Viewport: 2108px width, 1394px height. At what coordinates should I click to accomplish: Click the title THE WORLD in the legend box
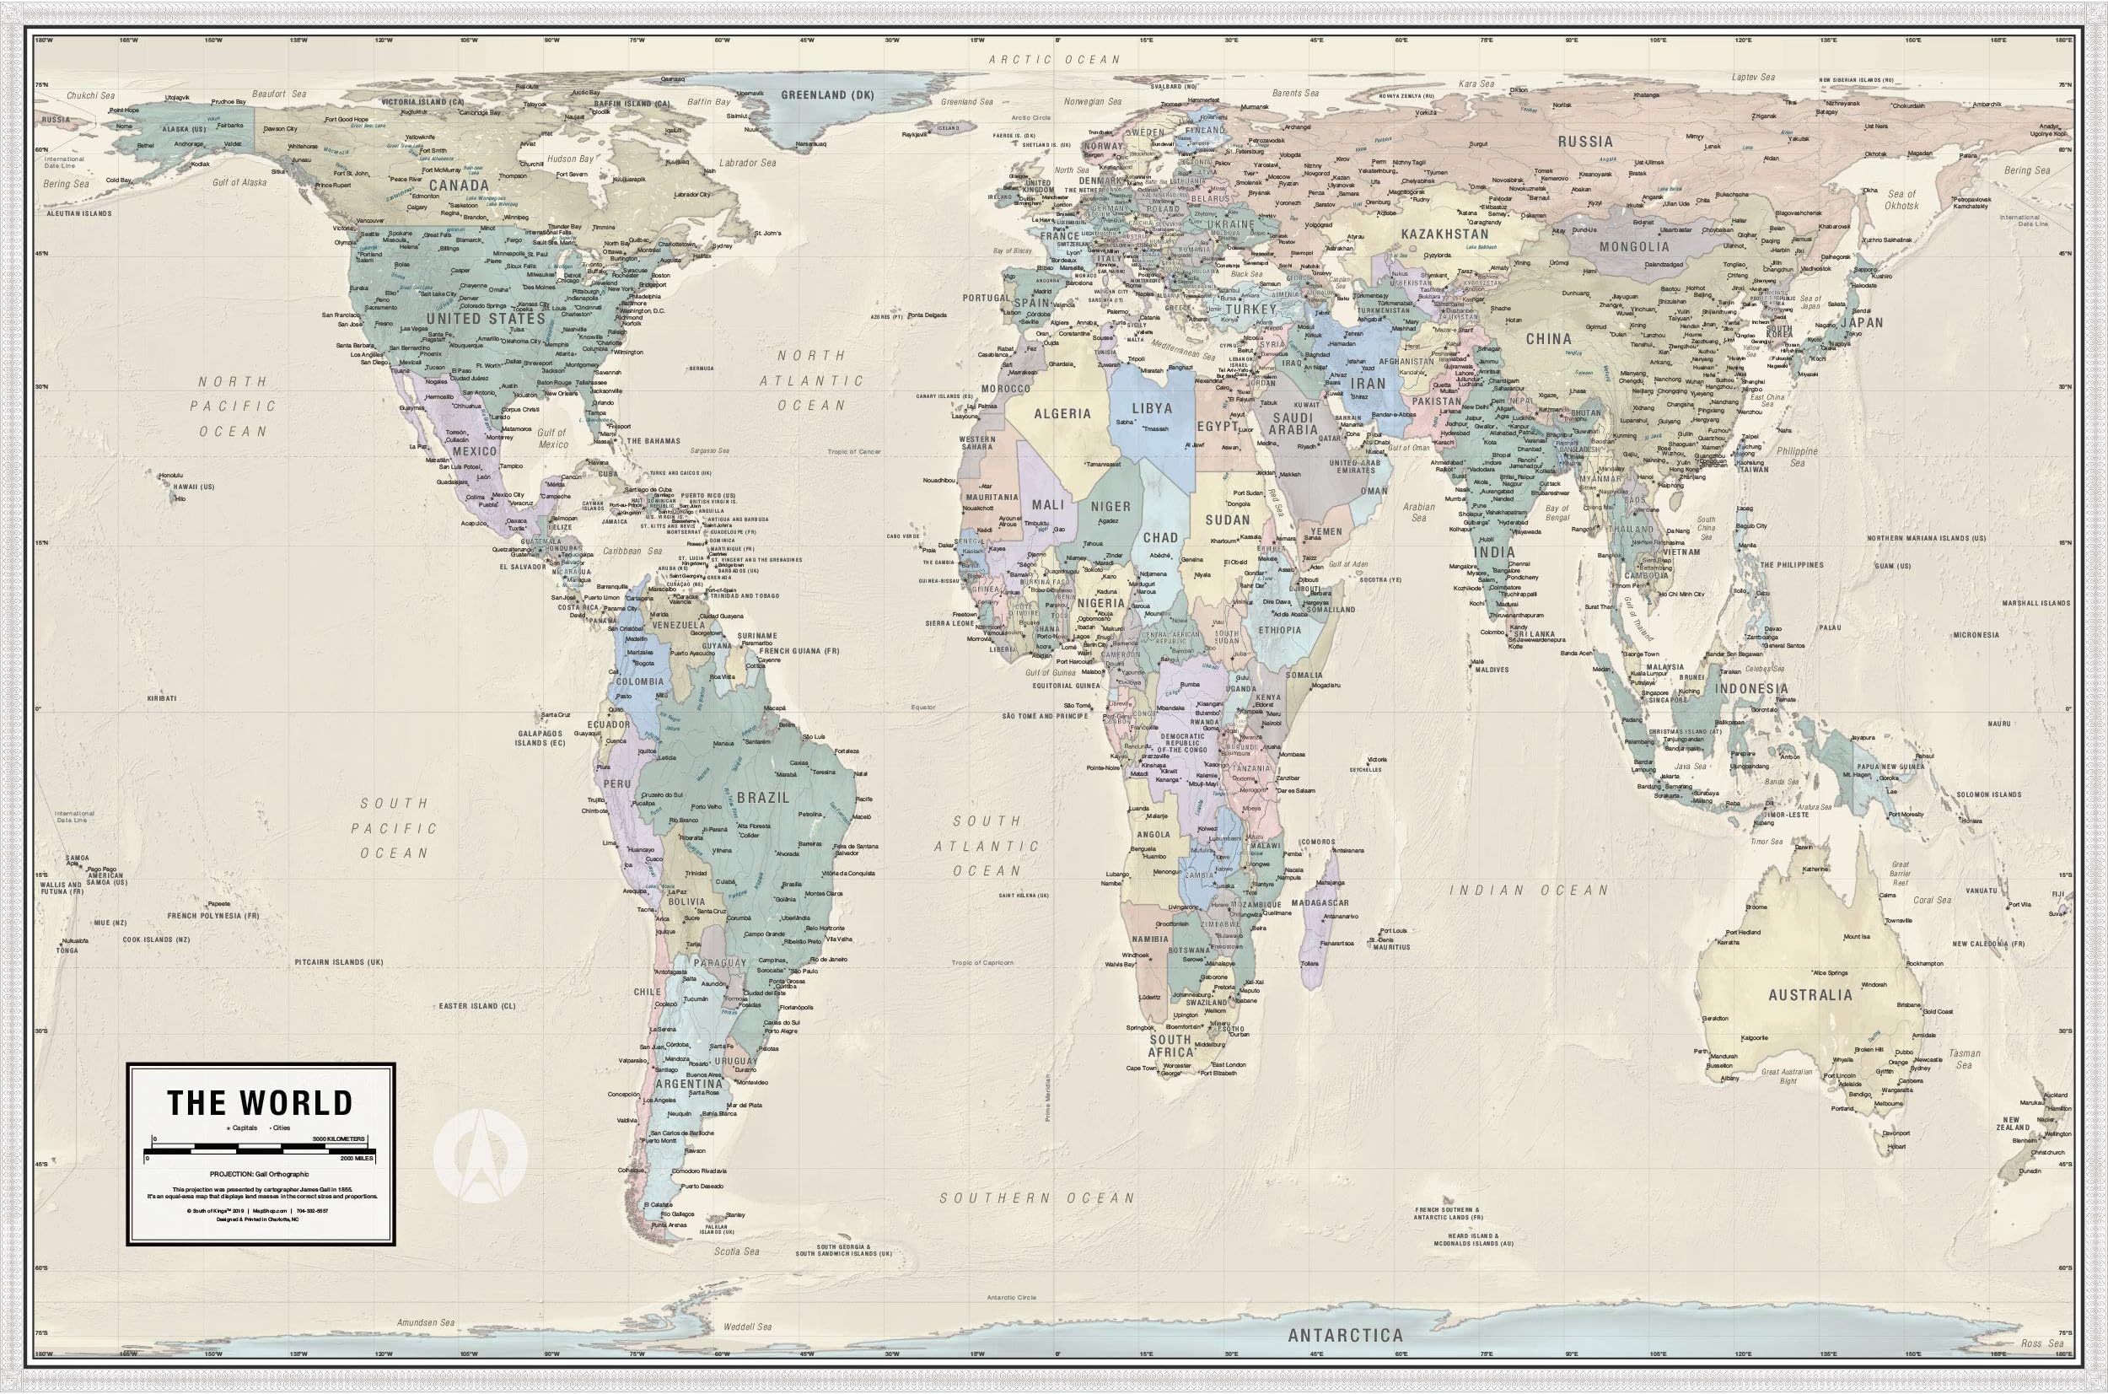(x=261, y=1102)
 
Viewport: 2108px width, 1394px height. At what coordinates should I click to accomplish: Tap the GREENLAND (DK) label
(x=827, y=95)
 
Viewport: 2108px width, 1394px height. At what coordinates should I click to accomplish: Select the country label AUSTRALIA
(x=1810, y=995)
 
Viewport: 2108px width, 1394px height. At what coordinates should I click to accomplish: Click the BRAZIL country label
(x=762, y=798)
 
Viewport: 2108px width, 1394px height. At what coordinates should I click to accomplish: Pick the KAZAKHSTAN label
(x=1444, y=234)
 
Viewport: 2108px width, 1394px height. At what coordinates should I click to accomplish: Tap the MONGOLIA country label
(x=1634, y=246)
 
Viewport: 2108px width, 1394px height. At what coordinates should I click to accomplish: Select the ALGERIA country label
(x=1062, y=413)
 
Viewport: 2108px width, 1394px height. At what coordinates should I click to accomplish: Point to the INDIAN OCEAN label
(x=1529, y=890)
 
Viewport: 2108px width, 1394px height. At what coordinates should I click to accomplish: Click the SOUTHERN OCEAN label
(x=1037, y=1198)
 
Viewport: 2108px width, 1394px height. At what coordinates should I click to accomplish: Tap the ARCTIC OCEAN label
(x=1055, y=60)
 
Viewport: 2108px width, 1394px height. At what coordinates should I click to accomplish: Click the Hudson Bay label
(x=570, y=159)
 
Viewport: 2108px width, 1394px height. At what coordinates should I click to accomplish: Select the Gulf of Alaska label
(x=239, y=182)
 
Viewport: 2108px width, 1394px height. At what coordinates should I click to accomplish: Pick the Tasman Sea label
(x=1964, y=1059)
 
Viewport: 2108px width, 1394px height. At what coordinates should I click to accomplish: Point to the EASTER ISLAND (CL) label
(x=477, y=1005)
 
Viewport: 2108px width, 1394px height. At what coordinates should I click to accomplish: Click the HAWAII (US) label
(x=194, y=487)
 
